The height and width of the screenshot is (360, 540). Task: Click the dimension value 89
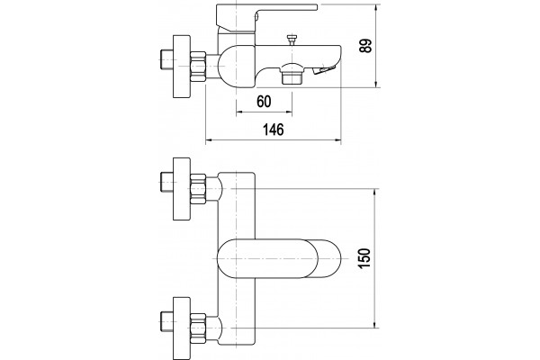point(365,46)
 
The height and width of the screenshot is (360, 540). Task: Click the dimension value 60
point(264,102)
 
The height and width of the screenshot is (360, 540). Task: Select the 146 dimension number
point(274,130)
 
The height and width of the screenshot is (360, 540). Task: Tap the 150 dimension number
point(364,258)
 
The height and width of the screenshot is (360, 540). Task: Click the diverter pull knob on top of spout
point(292,40)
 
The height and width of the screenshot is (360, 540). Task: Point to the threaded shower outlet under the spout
point(292,74)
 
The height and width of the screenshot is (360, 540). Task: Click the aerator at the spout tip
point(324,69)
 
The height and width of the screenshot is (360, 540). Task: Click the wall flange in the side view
point(181,66)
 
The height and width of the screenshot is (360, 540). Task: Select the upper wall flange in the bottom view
point(181,189)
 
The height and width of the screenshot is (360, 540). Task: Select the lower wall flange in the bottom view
point(181,328)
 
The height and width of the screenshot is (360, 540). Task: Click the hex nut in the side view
point(198,66)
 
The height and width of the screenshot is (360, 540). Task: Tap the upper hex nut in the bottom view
point(198,189)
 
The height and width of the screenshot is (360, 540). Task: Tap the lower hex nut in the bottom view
point(198,328)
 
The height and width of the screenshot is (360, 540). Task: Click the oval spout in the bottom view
point(279,258)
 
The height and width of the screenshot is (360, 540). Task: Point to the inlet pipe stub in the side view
point(166,59)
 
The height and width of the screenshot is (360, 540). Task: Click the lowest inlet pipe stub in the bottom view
point(166,321)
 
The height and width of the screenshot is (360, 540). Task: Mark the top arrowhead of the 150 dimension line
point(376,193)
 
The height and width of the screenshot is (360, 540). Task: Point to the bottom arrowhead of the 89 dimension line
point(376,84)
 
